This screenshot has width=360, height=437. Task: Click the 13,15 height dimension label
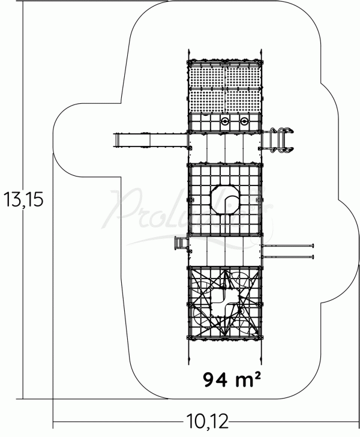pyautogui.click(x=23, y=199)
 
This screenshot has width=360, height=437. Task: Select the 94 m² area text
pyautogui.click(x=231, y=379)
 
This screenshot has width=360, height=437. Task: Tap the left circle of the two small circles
pyautogui.click(x=225, y=122)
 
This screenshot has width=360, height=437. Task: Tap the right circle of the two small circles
pyautogui.click(x=244, y=122)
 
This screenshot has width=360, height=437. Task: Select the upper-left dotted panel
pyautogui.click(x=206, y=74)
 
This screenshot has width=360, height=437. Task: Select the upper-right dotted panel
pyautogui.click(x=244, y=74)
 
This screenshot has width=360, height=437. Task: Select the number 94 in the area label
pyautogui.click(x=214, y=379)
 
